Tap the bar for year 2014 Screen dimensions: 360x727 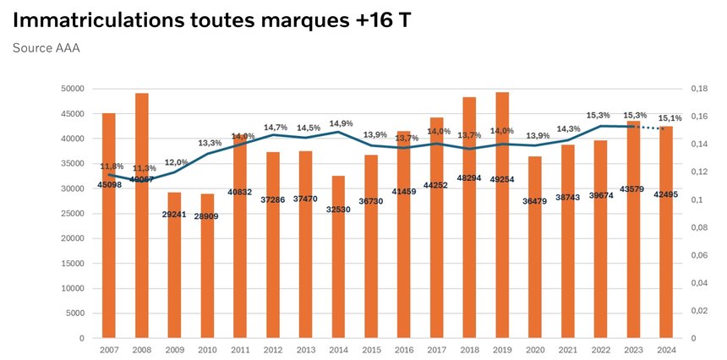[x=338, y=270]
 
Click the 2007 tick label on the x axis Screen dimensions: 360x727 [x=109, y=349]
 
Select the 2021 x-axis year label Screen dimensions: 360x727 [x=567, y=349]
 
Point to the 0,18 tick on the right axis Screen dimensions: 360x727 [x=698, y=89]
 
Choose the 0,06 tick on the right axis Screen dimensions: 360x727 [x=698, y=255]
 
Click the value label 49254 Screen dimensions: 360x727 [x=502, y=203]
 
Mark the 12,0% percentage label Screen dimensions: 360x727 [x=176, y=162]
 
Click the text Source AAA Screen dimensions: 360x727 [x=46, y=48]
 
